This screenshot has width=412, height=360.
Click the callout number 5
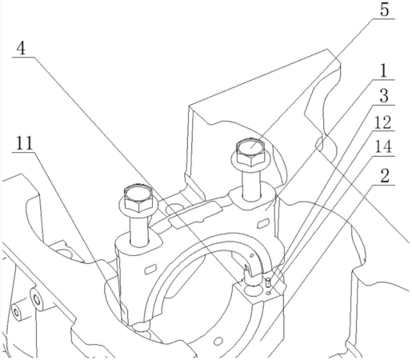pos(384,10)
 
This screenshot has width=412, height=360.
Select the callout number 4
pos(22,48)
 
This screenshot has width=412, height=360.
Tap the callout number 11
pos(24,142)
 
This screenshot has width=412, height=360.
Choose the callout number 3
pos(384,95)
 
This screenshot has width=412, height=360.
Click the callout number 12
pos(383,122)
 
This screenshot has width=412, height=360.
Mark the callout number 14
pos(383,146)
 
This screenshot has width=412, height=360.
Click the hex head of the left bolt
pos(138,198)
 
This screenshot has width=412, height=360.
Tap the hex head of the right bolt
pos(250,152)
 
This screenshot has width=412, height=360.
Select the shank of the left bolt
pos(138,230)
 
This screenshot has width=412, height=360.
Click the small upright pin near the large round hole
pos(269,282)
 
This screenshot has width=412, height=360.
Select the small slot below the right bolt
pos(263,223)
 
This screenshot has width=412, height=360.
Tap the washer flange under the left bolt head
pos(138,206)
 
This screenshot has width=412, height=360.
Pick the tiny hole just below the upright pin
pos(269,294)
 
